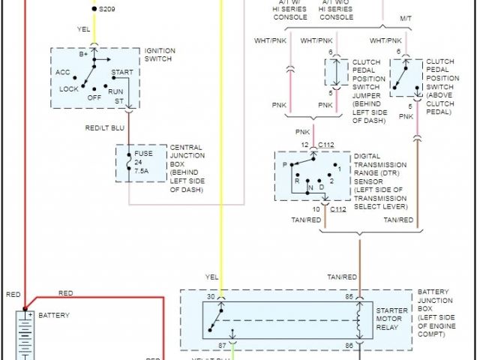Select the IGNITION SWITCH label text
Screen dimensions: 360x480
[160, 55]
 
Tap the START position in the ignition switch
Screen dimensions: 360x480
[122, 73]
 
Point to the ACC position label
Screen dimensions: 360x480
[63, 72]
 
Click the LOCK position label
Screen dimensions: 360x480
[70, 88]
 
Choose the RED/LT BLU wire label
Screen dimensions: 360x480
[105, 127]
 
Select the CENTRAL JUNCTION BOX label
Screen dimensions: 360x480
[187, 163]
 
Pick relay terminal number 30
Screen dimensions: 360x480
[211, 297]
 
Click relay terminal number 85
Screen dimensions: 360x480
[349, 297]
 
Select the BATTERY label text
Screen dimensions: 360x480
[53, 316]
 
